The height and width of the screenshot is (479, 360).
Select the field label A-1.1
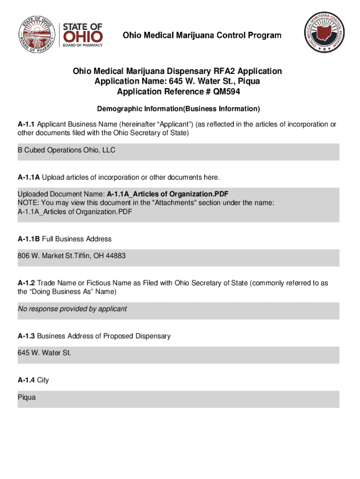coord(26,124)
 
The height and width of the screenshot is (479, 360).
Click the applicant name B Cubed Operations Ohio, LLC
coord(66,150)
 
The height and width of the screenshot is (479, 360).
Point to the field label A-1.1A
coord(29,177)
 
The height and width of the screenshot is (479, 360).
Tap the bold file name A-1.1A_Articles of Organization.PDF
coord(167,194)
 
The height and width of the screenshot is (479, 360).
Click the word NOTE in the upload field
coord(27,203)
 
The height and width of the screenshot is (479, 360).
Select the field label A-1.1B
coord(29,239)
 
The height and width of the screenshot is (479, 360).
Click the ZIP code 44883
coord(116,256)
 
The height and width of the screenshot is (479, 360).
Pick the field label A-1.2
coord(26,283)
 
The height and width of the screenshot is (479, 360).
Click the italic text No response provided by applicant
coord(72,309)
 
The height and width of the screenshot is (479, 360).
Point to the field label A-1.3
coord(26,336)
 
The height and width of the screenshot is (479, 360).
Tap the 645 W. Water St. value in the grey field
coord(44,353)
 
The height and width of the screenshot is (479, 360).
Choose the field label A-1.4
coord(26,380)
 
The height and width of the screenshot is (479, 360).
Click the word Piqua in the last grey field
coord(27,397)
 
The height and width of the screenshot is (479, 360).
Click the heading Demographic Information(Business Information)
coord(178,109)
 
